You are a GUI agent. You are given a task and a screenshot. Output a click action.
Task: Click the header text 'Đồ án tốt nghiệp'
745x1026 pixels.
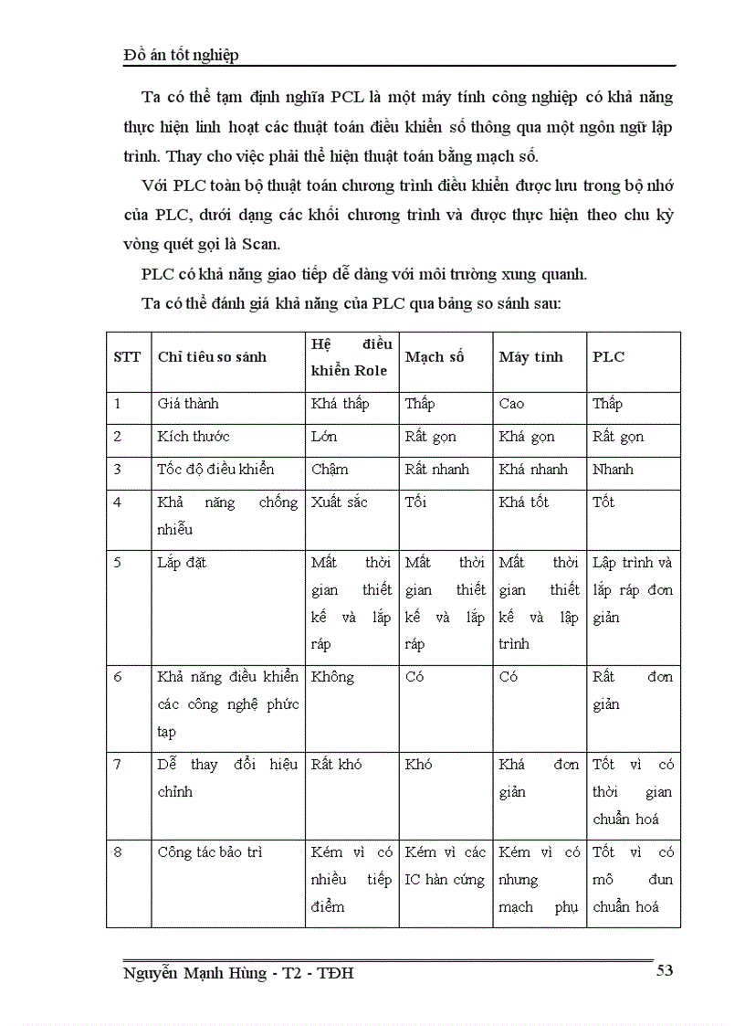point(181,56)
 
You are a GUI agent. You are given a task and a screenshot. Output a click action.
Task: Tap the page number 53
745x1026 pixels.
point(664,970)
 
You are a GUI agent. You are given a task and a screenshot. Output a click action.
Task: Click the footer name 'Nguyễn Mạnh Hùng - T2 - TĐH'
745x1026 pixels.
point(238,974)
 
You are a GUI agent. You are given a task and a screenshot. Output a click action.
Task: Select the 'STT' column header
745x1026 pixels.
point(127,357)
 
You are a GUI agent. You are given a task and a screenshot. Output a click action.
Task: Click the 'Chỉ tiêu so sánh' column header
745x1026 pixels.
point(212,357)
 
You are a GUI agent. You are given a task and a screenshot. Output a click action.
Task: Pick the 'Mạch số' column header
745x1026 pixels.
point(434,357)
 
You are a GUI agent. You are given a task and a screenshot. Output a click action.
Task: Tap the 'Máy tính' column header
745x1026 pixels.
point(530,357)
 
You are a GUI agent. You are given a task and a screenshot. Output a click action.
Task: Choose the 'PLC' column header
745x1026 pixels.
point(608,357)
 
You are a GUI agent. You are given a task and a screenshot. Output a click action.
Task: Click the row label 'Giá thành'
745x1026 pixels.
point(188,404)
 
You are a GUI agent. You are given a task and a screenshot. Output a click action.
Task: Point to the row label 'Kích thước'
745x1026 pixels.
point(194,437)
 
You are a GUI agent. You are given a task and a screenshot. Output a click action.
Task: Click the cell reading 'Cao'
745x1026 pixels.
point(511,404)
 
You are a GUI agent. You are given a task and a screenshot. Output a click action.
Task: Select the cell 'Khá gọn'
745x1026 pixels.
point(526,437)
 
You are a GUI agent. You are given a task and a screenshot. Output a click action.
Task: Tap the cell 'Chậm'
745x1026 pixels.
point(330,470)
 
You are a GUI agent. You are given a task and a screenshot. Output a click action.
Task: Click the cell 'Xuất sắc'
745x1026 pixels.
point(339,502)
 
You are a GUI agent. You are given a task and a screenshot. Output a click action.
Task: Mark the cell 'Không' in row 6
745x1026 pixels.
point(332,677)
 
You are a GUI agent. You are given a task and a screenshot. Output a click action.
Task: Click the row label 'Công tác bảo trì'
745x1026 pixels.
point(209,852)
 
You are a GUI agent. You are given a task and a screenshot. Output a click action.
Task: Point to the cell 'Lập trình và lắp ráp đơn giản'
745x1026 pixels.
point(632,589)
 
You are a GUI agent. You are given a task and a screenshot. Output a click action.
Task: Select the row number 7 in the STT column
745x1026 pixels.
point(117,765)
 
